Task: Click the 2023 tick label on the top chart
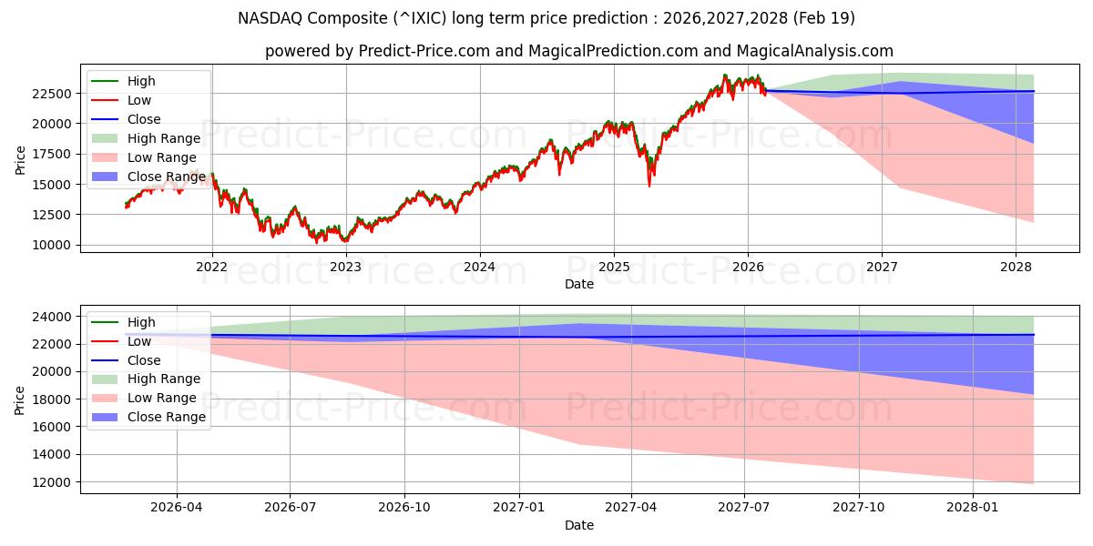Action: click(x=345, y=266)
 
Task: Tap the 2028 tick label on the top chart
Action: click(x=1016, y=266)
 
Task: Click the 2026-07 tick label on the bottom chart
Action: click(x=290, y=507)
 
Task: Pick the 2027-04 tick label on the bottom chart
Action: click(x=632, y=507)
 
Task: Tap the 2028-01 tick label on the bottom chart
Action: click(x=974, y=507)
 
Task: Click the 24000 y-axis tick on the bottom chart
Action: click(x=54, y=317)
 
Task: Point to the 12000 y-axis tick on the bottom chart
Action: click(x=54, y=481)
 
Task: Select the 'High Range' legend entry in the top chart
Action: click(x=164, y=138)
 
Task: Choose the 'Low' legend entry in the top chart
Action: click(x=139, y=100)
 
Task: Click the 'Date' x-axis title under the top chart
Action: click(x=578, y=284)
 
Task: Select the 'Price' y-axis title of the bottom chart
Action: click(x=20, y=399)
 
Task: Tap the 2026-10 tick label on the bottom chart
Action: click(x=404, y=507)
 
